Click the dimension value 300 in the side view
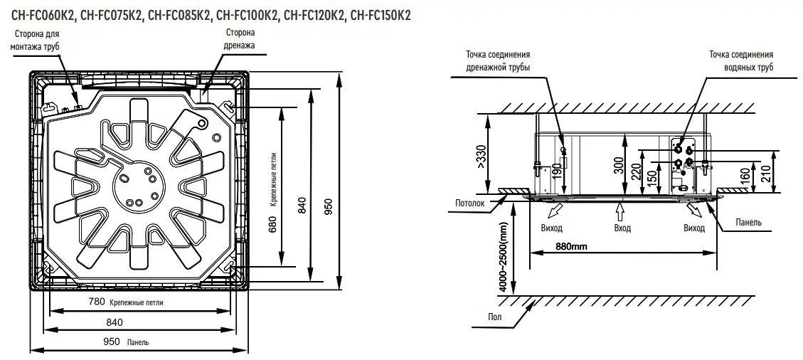618,166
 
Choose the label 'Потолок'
470,203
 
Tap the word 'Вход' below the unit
622,228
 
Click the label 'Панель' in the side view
749,223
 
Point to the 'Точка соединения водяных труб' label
740,60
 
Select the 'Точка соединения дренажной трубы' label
498,60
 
